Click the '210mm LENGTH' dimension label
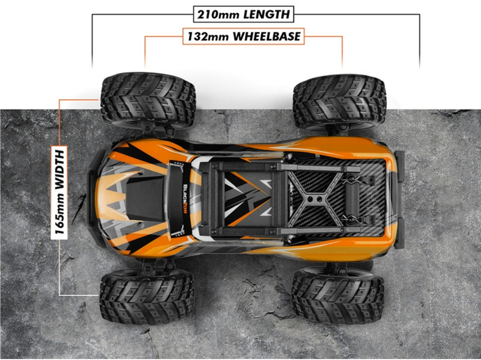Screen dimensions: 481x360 [244, 15]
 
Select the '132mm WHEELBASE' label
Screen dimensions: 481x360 [244, 37]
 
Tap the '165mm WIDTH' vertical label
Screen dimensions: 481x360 [59, 192]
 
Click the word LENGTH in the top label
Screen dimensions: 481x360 [267, 15]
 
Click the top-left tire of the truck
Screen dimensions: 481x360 [148, 99]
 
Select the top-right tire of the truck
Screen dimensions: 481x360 [339, 101]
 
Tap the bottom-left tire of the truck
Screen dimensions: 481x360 [147, 296]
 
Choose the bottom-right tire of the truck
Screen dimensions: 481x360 [338, 295]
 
